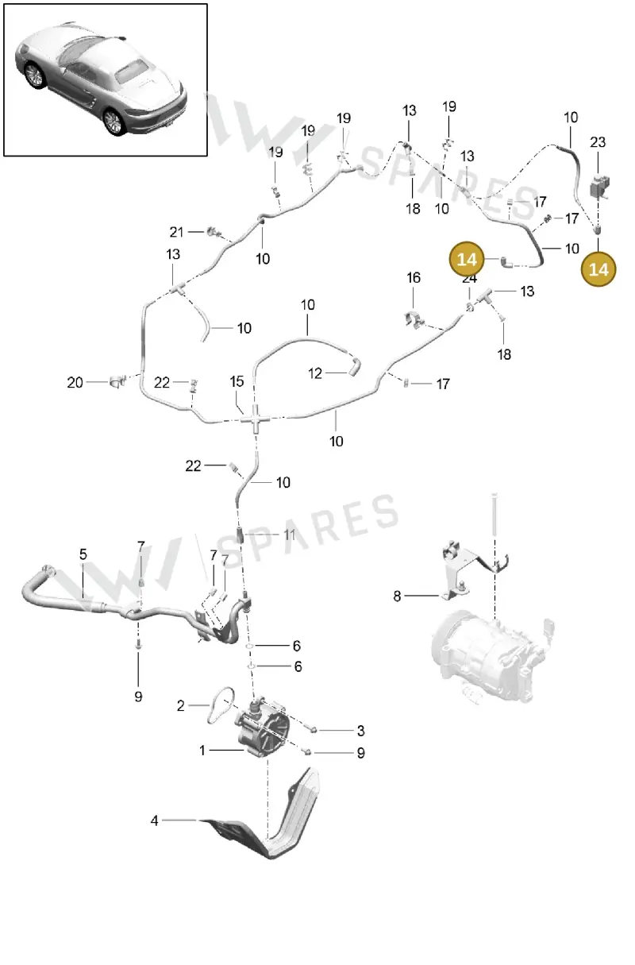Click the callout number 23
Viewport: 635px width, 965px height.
pos(598,142)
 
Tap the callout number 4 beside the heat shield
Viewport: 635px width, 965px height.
pos(154,820)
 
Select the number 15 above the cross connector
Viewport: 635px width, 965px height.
pos(237,381)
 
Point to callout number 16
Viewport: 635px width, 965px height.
pos(414,278)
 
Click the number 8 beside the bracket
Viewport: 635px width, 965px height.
pos(397,596)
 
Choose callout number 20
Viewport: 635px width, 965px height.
pos(75,382)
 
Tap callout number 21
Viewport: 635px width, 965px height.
pos(176,232)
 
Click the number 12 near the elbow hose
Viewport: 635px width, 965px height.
pos(314,373)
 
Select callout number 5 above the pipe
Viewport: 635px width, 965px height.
pos(83,554)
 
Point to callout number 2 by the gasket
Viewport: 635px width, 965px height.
pos(181,705)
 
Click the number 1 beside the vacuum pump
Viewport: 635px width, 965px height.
pos(202,751)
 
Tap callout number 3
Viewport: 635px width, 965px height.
pos(361,730)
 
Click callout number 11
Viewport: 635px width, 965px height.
pos(289,535)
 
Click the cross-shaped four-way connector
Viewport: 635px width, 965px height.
pos(256,418)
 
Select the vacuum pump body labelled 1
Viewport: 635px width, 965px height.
pos(264,728)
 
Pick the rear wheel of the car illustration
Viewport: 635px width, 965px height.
pos(114,122)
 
